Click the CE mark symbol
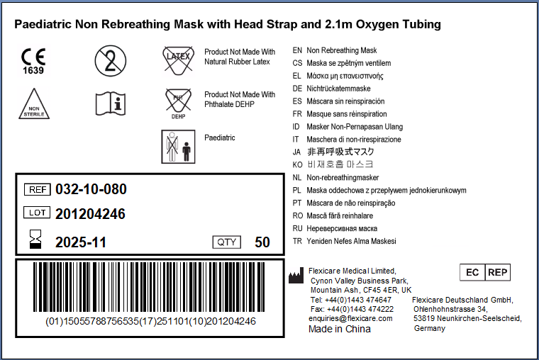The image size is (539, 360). (33, 61)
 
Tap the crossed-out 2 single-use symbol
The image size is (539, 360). (111, 61)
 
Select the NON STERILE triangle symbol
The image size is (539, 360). (34, 103)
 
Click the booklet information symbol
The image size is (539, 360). (111, 103)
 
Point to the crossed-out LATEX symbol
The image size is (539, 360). (179, 60)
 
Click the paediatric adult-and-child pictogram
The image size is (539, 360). (178, 147)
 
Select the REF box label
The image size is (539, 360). (38, 190)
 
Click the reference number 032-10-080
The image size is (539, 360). (91, 189)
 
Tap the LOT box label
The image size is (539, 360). (37, 213)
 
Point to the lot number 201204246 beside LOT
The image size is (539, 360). (90, 214)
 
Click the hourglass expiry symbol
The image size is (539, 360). (35, 239)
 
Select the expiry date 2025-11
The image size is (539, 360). (81, 242)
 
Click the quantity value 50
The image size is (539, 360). (262, 242)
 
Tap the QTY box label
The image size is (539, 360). (227, 242)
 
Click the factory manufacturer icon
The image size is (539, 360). (296, 276)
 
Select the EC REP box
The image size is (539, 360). (485, 272)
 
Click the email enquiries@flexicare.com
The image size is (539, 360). (350, 318)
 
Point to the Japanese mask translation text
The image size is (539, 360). (340, 152)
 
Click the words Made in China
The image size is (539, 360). (340, 329)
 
